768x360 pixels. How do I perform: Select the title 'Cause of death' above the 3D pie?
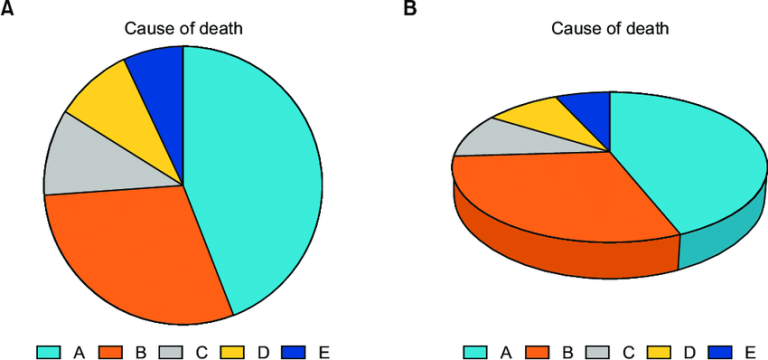click(x=610, y=28)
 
